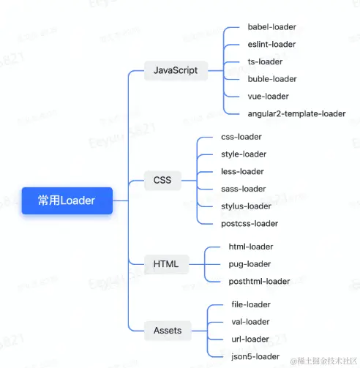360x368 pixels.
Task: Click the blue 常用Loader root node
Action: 67,200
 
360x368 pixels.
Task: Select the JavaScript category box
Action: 176,70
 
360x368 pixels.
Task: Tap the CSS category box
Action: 162,180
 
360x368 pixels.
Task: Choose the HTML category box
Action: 166,264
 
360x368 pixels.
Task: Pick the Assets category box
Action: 168,331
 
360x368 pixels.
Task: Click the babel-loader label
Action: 272,27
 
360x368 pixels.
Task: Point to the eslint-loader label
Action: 271,44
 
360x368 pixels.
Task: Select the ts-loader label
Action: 265,61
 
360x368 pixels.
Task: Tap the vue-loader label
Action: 269,97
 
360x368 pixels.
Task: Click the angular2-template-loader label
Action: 296,114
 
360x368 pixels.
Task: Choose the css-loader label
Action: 241,137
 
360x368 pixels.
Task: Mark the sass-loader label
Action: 244,189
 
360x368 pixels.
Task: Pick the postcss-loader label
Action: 250,224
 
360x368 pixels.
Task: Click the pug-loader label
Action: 250,264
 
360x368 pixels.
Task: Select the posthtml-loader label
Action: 259,282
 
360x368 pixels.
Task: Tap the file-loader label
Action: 251,304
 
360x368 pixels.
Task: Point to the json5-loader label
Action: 255,357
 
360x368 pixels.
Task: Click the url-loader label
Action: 250,339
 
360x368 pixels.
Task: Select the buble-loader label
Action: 272,79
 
